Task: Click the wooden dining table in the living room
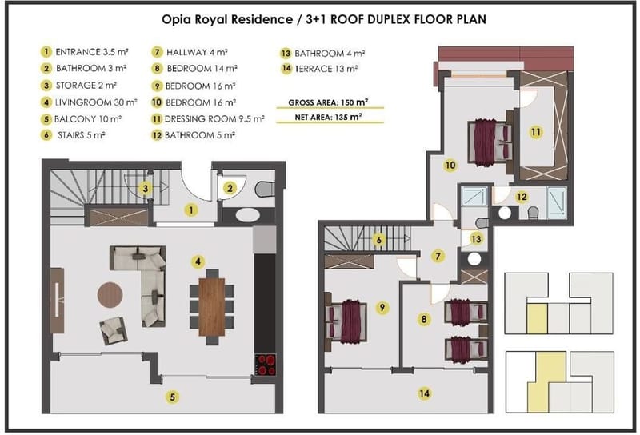[211, 307]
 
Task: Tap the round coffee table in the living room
[110, 294]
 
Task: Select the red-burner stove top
[266, 365]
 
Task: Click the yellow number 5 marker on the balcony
[172, 397]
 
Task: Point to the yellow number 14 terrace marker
[424, 393]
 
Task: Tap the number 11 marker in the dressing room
[535, 132]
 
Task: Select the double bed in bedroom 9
[346, 321]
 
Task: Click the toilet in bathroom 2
[265, 189]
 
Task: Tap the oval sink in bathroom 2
[247, 215]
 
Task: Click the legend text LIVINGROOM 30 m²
[96, 102]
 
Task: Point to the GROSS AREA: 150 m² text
[328, 102]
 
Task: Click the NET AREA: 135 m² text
[328, 118]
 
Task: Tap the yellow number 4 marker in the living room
[198, 261]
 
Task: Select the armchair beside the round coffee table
[113, 330]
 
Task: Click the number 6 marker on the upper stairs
[378, 240]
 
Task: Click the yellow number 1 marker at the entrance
[190, 210]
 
